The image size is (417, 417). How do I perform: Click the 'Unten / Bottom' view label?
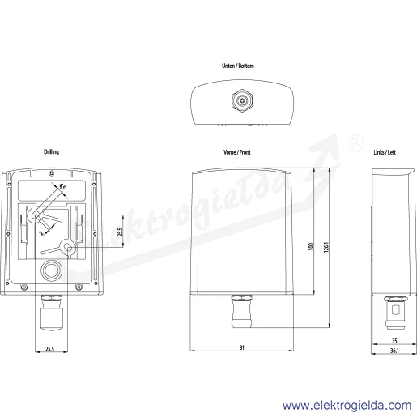coord(238,66)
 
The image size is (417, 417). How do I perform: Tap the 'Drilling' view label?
coord(51,152)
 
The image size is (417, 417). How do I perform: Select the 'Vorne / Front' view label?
coord(237,152)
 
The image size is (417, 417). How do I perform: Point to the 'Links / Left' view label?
coord(385,152)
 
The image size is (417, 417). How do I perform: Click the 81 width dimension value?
coord(242,347)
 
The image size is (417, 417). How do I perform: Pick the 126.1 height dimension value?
coord(326,247)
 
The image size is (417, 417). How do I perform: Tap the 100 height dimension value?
coord(311,246)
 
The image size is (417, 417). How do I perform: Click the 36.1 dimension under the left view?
coord(394,351)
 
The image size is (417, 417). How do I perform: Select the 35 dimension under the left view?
coord(394,341)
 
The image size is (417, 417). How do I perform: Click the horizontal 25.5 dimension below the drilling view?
coord(49,349)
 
